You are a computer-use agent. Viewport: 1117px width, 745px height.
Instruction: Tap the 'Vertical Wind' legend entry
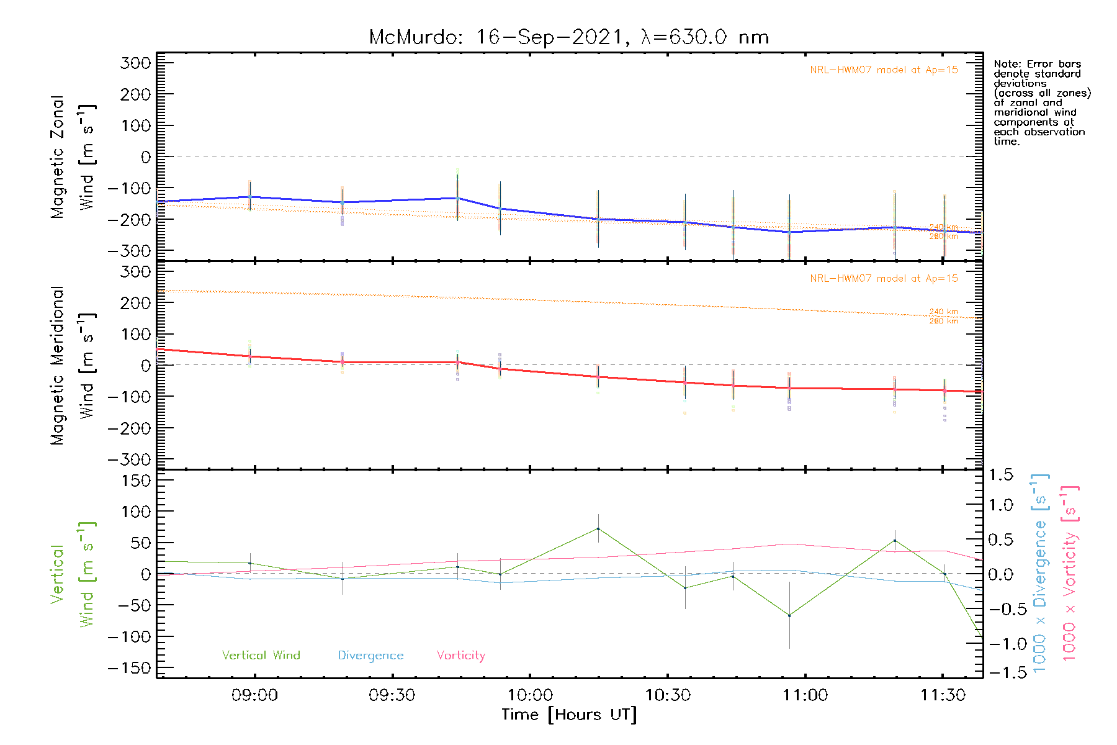pyautogui.click(x=261, y=656)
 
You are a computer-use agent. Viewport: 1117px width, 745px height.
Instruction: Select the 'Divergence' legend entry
pyautogui.click(x=370, y=656)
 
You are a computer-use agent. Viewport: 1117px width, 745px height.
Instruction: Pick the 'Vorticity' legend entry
pyautogui.click(x=460, y=656)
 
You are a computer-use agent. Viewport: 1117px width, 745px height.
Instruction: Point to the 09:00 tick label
pyautogui.click(x=254, y=695)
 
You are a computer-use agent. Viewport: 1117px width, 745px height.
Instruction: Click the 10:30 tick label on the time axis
pyautogui.click(x=668, y=695)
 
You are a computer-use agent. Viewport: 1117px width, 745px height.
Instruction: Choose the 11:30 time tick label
pyautogui.click(x=943, y=695)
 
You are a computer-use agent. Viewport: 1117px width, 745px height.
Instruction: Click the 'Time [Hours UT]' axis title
pyautogui.click(x=569, y=715)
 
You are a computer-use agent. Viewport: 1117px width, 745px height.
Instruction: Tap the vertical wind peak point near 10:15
pyautogui.click(x=598, y=529)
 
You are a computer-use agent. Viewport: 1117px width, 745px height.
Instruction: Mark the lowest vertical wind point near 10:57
pyautogui.click(x=789, y=615)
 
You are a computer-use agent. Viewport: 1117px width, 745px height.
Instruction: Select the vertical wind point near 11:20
pyautogui.click(x=895, y=541)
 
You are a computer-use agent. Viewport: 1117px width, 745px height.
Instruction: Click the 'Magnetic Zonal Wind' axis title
pyautogui.click(x=73, y=157)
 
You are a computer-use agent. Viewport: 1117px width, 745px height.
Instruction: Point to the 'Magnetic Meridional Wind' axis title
pyautogui.click(x=73, y=366)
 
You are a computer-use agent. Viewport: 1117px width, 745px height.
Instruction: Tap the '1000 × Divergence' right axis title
pyautogui.click(x=1040, y=573)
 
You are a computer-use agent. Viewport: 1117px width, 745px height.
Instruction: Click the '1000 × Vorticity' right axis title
pyautogui.click(x=1070, y=573)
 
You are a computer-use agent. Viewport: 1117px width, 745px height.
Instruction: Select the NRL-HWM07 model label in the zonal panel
pyautogui.click(x=884, y=70)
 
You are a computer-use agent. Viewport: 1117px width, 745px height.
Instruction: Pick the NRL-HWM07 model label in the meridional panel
pyautogui.click(x=884, y=279)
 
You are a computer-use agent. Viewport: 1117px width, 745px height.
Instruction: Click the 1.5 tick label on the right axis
pyautogui.click(x=1000, y=475)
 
